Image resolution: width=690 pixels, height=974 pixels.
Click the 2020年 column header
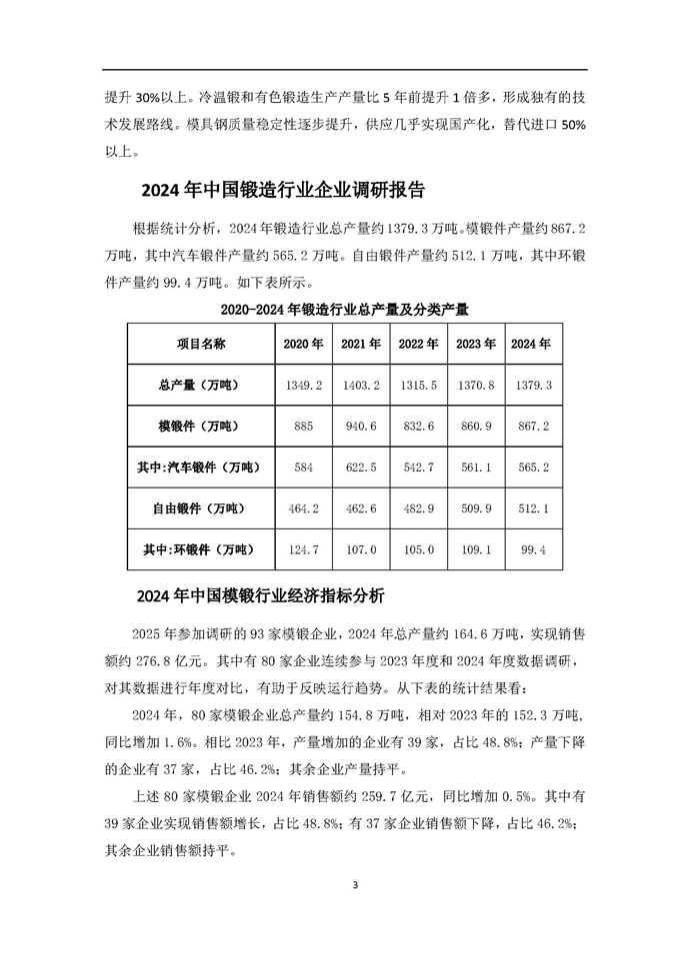tap(303, 344)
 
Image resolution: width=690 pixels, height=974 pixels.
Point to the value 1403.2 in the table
tap(361, 385)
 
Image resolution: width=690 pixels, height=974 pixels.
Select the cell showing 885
tap(303, 427)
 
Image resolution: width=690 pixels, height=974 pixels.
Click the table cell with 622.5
tap(361, 468)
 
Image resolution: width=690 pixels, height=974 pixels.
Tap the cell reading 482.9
tap(418, 508)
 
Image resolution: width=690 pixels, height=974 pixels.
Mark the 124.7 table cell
tap(303, 549)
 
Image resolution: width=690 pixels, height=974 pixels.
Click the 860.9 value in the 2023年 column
tap(475, 427)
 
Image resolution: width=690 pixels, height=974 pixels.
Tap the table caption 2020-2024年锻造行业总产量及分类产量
tap(344, 308)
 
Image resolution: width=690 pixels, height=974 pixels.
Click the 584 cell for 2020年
tap(303, 468)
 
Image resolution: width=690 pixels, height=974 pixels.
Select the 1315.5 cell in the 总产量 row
tap(418, 385)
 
